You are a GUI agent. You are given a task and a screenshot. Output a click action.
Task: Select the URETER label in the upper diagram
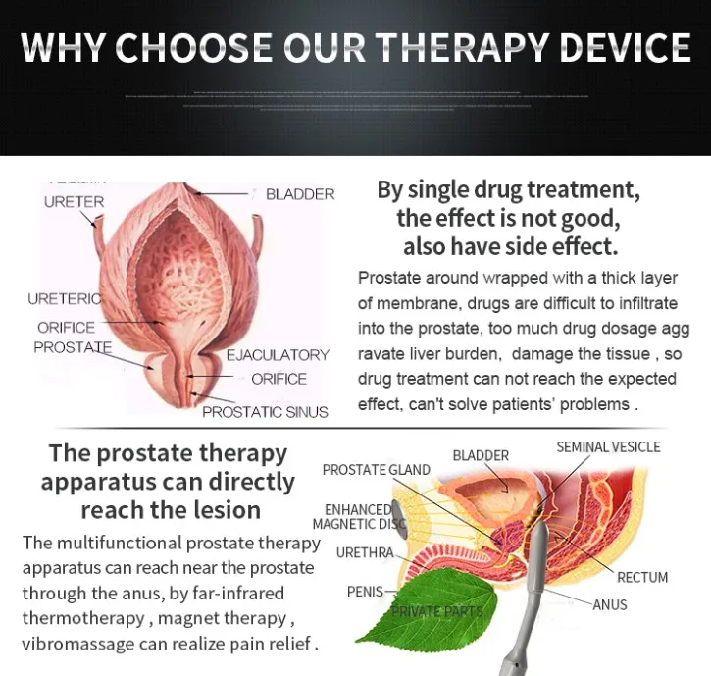(x=74, y=202)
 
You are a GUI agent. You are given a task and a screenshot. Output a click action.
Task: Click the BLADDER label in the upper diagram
(x=300, y=194)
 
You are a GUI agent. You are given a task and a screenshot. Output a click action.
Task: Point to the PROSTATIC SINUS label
(x=265, y=412)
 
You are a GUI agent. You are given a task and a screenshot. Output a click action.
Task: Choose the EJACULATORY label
(x=278, y=354)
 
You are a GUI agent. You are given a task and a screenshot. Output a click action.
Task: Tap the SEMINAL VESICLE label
(x=608, y=447)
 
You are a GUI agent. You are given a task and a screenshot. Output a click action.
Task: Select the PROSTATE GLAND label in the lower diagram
(x=376, y=470)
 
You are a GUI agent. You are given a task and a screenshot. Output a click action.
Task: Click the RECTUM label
(x=642, y=577)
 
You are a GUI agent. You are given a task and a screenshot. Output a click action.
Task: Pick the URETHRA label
(x=364, y=553)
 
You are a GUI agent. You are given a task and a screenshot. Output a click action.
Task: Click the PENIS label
(x=365, y=592)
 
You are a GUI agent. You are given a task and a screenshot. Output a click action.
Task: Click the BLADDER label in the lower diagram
(x=481, y=455)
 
